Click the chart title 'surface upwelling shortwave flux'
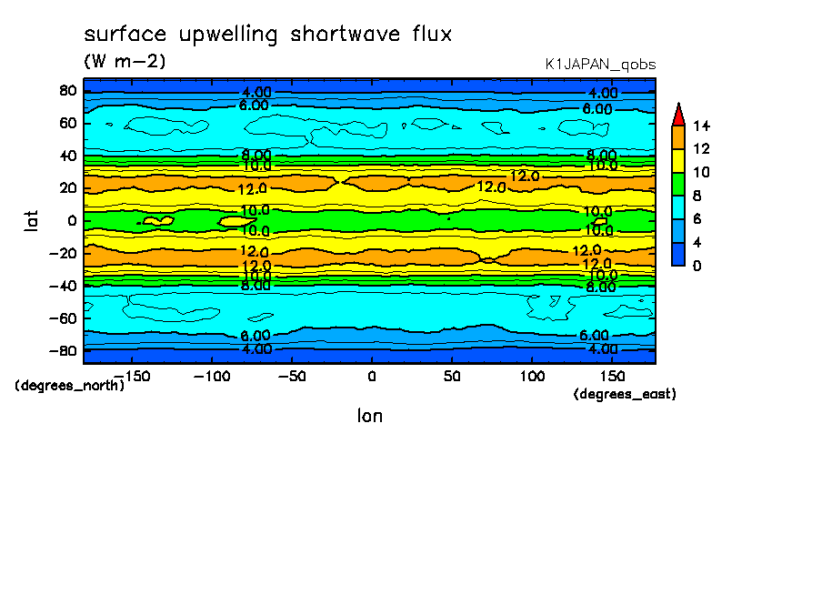[x=267, y=35]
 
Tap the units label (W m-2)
[x=125, y=62]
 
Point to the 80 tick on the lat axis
[x=67, y=90]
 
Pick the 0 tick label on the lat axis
[x=71, y=220]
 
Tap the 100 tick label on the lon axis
[x=532, y=375]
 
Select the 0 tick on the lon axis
[x=371, y=375]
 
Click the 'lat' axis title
[x=32, y=219]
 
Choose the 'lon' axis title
[x=370, y=416]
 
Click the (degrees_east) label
[x=625, y=394]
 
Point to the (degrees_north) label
[x=70, y=385]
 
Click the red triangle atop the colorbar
[x=677, y=114]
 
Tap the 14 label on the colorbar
[x=701, y=125]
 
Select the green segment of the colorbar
[x=677, y=183]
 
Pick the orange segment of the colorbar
[x=677, y=136]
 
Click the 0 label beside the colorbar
[x=697, y=266]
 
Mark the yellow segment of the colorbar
[x=677, y=160]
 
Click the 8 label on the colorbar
[x=697, y=196]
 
